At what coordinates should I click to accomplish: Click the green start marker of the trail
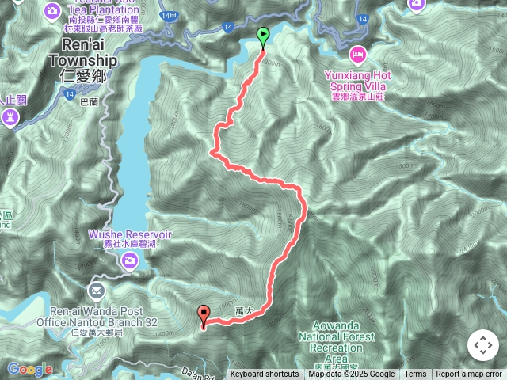click(x=263, y=35)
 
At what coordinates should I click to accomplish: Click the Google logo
click(x=29, y=369)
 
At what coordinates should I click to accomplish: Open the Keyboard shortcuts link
click(x=265, y=374)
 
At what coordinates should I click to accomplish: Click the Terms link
click(x=415, y=374)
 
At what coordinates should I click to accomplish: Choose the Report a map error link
click(x=469, y=374)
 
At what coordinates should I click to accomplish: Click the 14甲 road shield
click(x=169, y=15)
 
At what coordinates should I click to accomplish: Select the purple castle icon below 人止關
click(x=10, y=118)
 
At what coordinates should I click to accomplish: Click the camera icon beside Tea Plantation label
click(x=52, y=10)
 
